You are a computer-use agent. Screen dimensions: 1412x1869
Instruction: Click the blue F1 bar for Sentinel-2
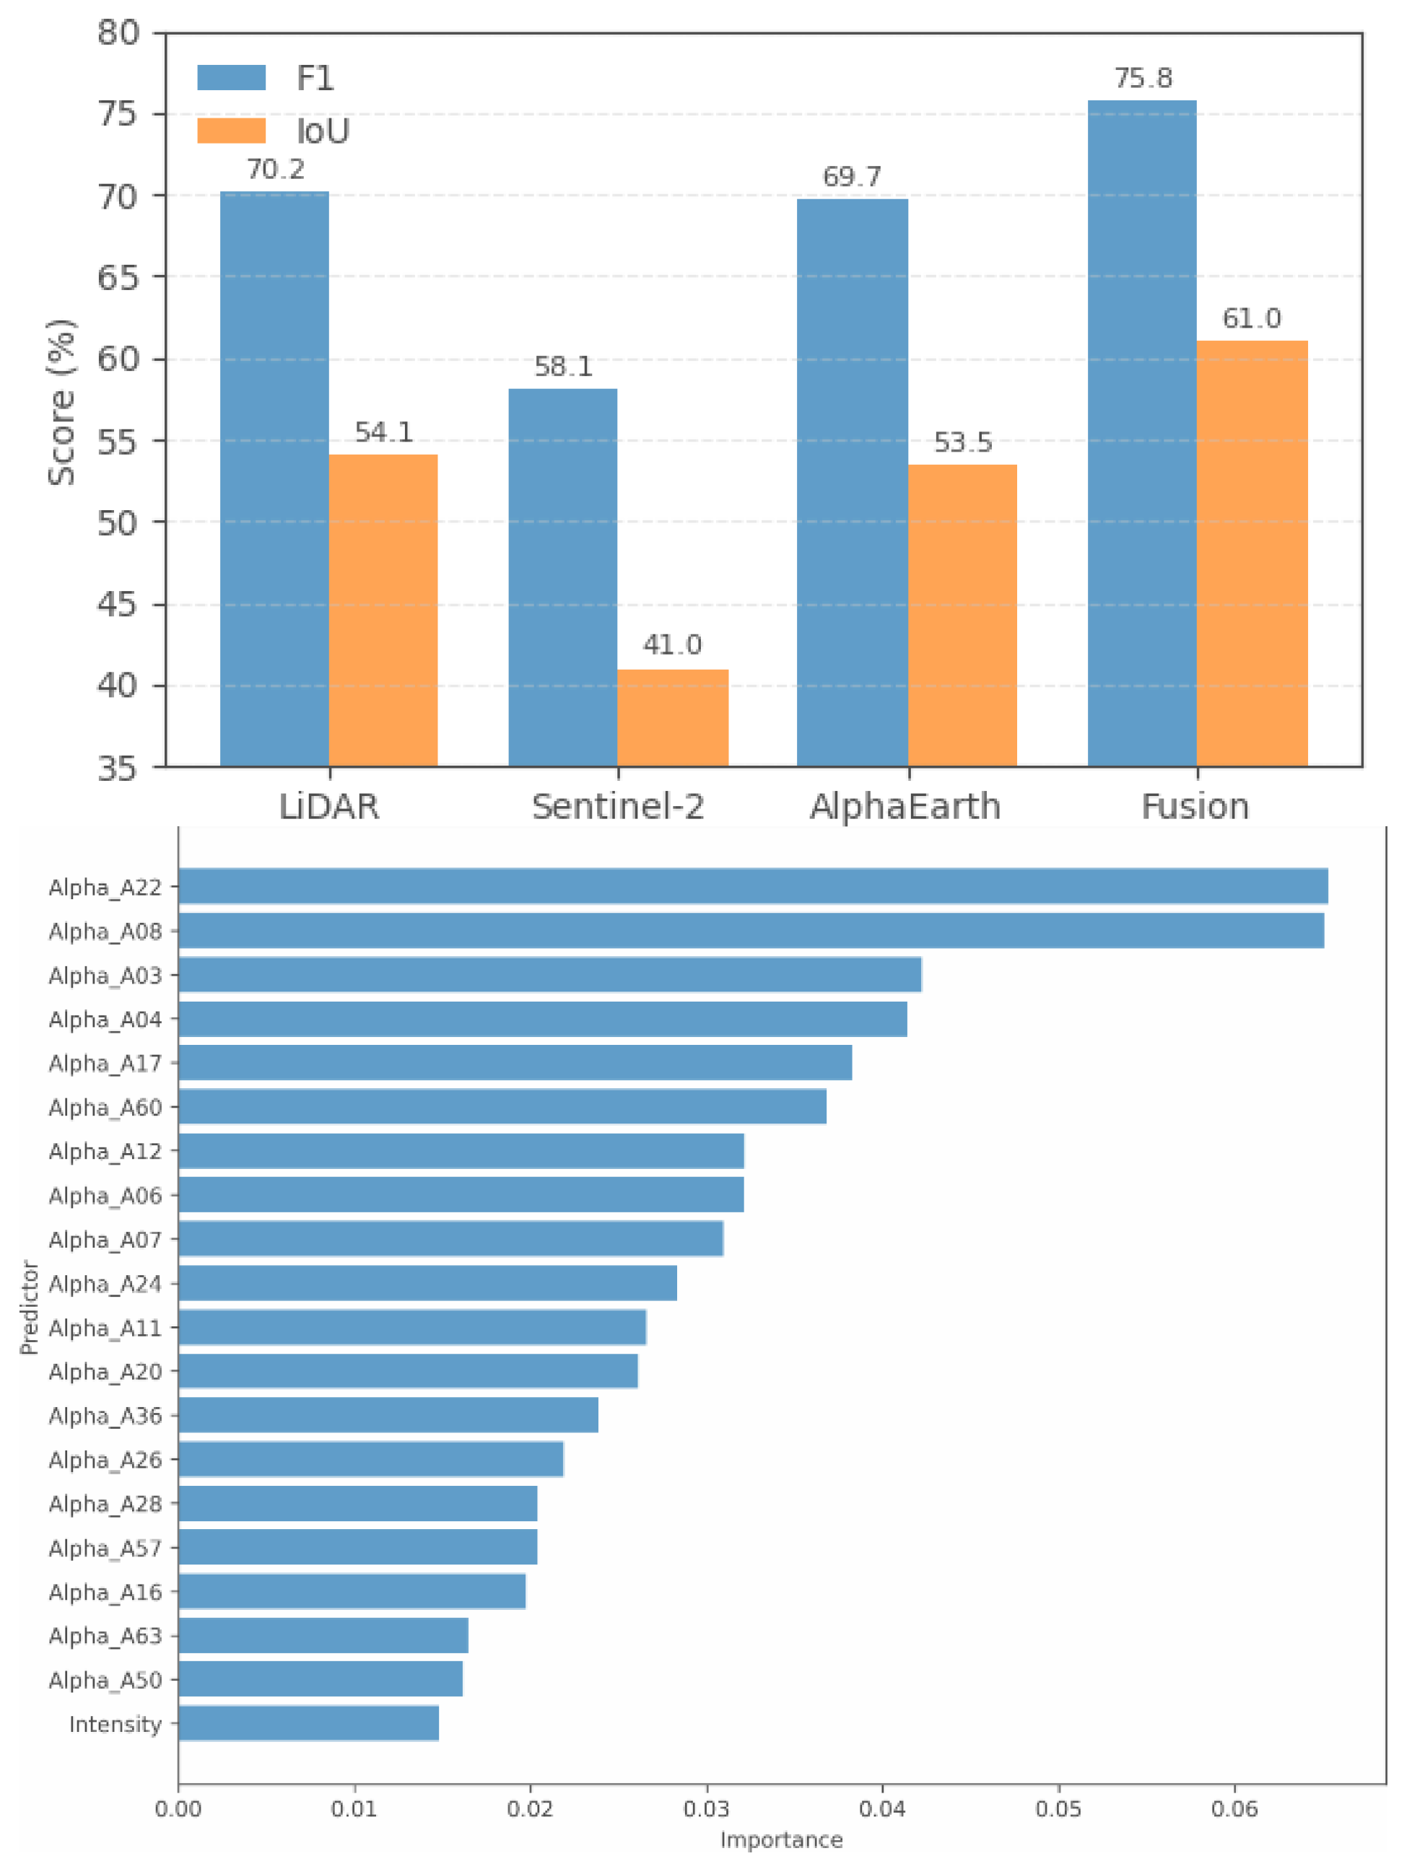563,578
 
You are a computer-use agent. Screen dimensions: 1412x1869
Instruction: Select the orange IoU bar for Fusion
1252,554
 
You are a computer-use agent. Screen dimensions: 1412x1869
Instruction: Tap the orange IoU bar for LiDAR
383,611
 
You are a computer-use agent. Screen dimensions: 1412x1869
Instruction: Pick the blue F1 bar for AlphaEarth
853,483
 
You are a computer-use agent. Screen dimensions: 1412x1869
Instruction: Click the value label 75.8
1143,79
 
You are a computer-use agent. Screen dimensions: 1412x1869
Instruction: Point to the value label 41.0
673,646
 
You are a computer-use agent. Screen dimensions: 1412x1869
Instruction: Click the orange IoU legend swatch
232,131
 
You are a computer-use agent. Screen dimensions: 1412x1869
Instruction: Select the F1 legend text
315,79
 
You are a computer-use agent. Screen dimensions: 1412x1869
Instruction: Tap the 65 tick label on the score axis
118,277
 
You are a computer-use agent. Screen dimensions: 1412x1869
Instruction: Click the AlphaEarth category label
906,807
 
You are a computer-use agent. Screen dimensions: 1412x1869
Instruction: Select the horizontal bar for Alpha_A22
753,886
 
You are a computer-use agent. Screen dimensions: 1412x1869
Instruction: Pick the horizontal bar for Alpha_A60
502,1107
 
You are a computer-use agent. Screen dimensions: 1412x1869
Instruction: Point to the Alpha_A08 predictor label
105,931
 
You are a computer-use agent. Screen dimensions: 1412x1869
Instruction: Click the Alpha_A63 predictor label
105,1636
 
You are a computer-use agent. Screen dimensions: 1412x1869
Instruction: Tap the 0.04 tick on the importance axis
882,1809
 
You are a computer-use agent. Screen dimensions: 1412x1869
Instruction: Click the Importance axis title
782,1840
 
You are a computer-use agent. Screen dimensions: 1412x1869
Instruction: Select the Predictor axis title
30,1307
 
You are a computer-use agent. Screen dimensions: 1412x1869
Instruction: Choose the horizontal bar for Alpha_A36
388,1415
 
